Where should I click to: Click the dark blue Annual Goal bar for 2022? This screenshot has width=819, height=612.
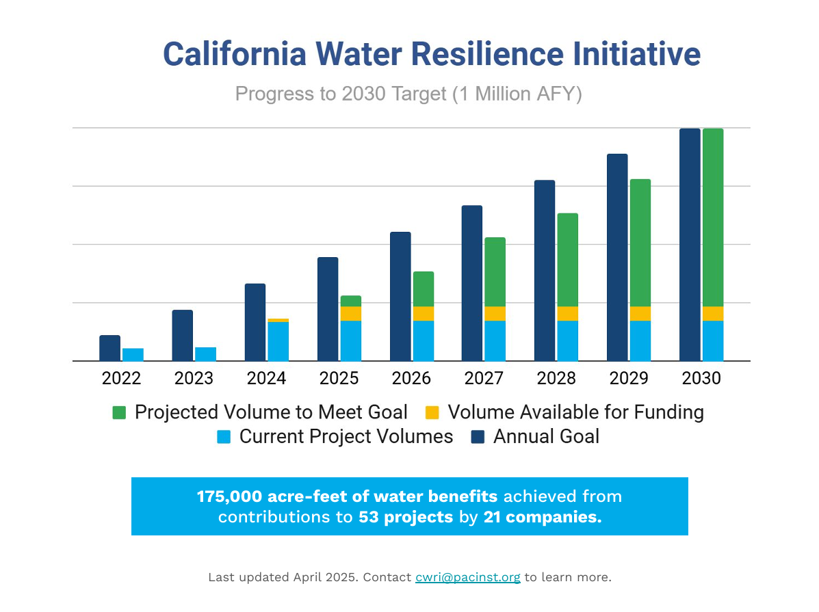coord(109,348)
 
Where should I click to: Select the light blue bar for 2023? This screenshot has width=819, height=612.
coord(205,354)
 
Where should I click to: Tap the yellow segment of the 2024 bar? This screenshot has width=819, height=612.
coord(278,320)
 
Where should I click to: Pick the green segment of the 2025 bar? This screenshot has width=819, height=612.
coord(350,301)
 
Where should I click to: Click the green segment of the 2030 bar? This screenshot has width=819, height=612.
coord(712,217)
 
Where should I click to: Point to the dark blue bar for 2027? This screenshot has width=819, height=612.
coord(471,283)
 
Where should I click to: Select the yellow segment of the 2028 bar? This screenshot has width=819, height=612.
coord(567,314)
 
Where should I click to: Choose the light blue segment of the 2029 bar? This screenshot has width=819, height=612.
coord(640,341)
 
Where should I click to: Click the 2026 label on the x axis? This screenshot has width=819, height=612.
coord(411,378)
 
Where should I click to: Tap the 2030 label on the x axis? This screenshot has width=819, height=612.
coord(701,378)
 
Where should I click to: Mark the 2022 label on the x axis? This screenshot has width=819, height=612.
coord(121,378)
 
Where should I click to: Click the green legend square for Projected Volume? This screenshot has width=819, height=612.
coord(120,412)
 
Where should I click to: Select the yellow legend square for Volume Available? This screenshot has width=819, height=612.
coord(432,412)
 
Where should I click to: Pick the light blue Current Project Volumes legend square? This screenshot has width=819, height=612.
coord(224,437)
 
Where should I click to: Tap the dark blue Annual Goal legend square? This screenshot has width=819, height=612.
coord(478,437)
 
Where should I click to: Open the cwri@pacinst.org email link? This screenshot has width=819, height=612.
coord(467,577)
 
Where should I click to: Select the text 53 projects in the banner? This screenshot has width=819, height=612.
coord(405,517)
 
